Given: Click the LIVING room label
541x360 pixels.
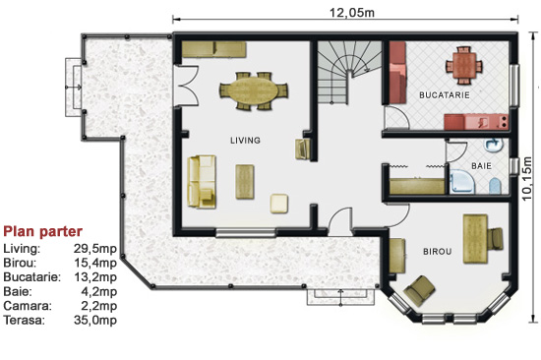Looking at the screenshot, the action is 245,140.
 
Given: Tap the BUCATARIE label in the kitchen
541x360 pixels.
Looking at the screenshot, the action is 445,95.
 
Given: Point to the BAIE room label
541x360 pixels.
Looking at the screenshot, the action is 481,166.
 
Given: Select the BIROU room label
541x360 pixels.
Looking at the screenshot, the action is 438,251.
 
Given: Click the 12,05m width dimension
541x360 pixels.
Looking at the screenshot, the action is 352,13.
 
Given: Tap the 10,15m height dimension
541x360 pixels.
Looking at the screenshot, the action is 526,178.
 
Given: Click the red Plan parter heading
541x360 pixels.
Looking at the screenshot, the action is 42,231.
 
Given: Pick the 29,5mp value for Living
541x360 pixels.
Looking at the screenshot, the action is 95,249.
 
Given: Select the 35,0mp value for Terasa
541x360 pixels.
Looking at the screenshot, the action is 95,320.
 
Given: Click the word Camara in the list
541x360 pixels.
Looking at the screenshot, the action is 28,306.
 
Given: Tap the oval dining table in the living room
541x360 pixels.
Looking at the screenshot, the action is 254,91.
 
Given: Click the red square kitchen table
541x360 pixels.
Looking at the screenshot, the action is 463,66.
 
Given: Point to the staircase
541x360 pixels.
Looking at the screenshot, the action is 349,73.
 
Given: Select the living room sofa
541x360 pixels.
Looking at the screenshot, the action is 202,182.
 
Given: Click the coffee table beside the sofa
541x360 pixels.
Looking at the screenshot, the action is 245,182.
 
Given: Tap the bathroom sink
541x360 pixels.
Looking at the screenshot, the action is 494,145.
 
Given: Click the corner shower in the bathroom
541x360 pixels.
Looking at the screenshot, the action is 462,182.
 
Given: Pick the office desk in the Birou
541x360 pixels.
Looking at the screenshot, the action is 475,238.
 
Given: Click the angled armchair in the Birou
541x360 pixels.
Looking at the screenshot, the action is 420,290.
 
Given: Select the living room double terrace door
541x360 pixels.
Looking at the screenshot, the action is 185,86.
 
